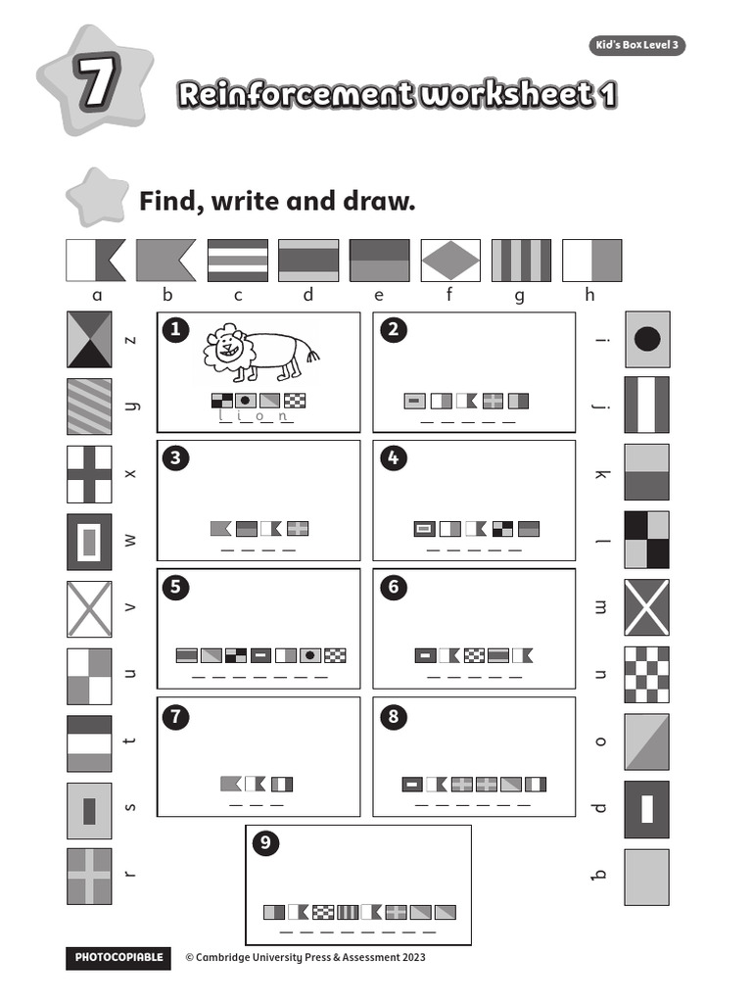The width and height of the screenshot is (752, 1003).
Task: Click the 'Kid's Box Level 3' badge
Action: click(636, 46)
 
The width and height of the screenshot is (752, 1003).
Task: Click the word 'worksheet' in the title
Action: click(503, 95)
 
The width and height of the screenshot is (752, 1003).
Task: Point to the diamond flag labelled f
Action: click(450, 261)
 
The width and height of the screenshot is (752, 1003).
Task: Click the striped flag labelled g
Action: click(521, 261)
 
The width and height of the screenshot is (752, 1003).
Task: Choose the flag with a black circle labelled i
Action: click(647, 340)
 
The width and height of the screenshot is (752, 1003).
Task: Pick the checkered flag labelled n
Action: click(647, 674)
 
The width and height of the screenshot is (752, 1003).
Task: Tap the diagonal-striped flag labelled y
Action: click(89, 406)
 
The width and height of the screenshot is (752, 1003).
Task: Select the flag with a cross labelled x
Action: click(89, 474)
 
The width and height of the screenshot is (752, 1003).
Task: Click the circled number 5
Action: click(176, 588)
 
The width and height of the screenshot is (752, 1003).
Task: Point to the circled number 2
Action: click(393, 330)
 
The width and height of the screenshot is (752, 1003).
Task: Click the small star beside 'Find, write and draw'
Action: click(97, 196)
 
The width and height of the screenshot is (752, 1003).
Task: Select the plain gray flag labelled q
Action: click(647, 877)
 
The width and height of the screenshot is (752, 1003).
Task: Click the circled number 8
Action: click(393, 716)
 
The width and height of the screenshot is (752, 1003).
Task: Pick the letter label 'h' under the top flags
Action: click(591, 295)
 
